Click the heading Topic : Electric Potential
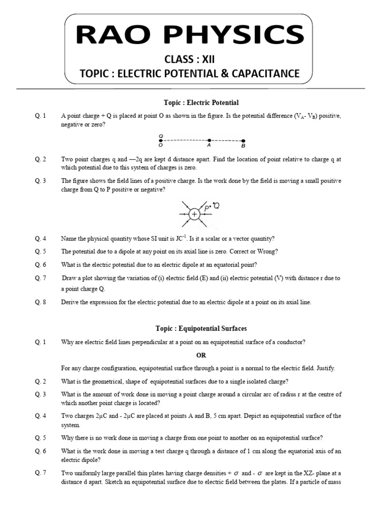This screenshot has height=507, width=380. click(201, 102)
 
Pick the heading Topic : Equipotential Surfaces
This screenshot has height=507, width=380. click(205, 328)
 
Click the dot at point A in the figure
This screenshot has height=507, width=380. click(209, 141)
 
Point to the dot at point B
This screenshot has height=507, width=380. click(243, 141)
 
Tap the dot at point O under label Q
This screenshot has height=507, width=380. click(161, 141)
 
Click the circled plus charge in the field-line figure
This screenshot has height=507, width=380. click(195, 214)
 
